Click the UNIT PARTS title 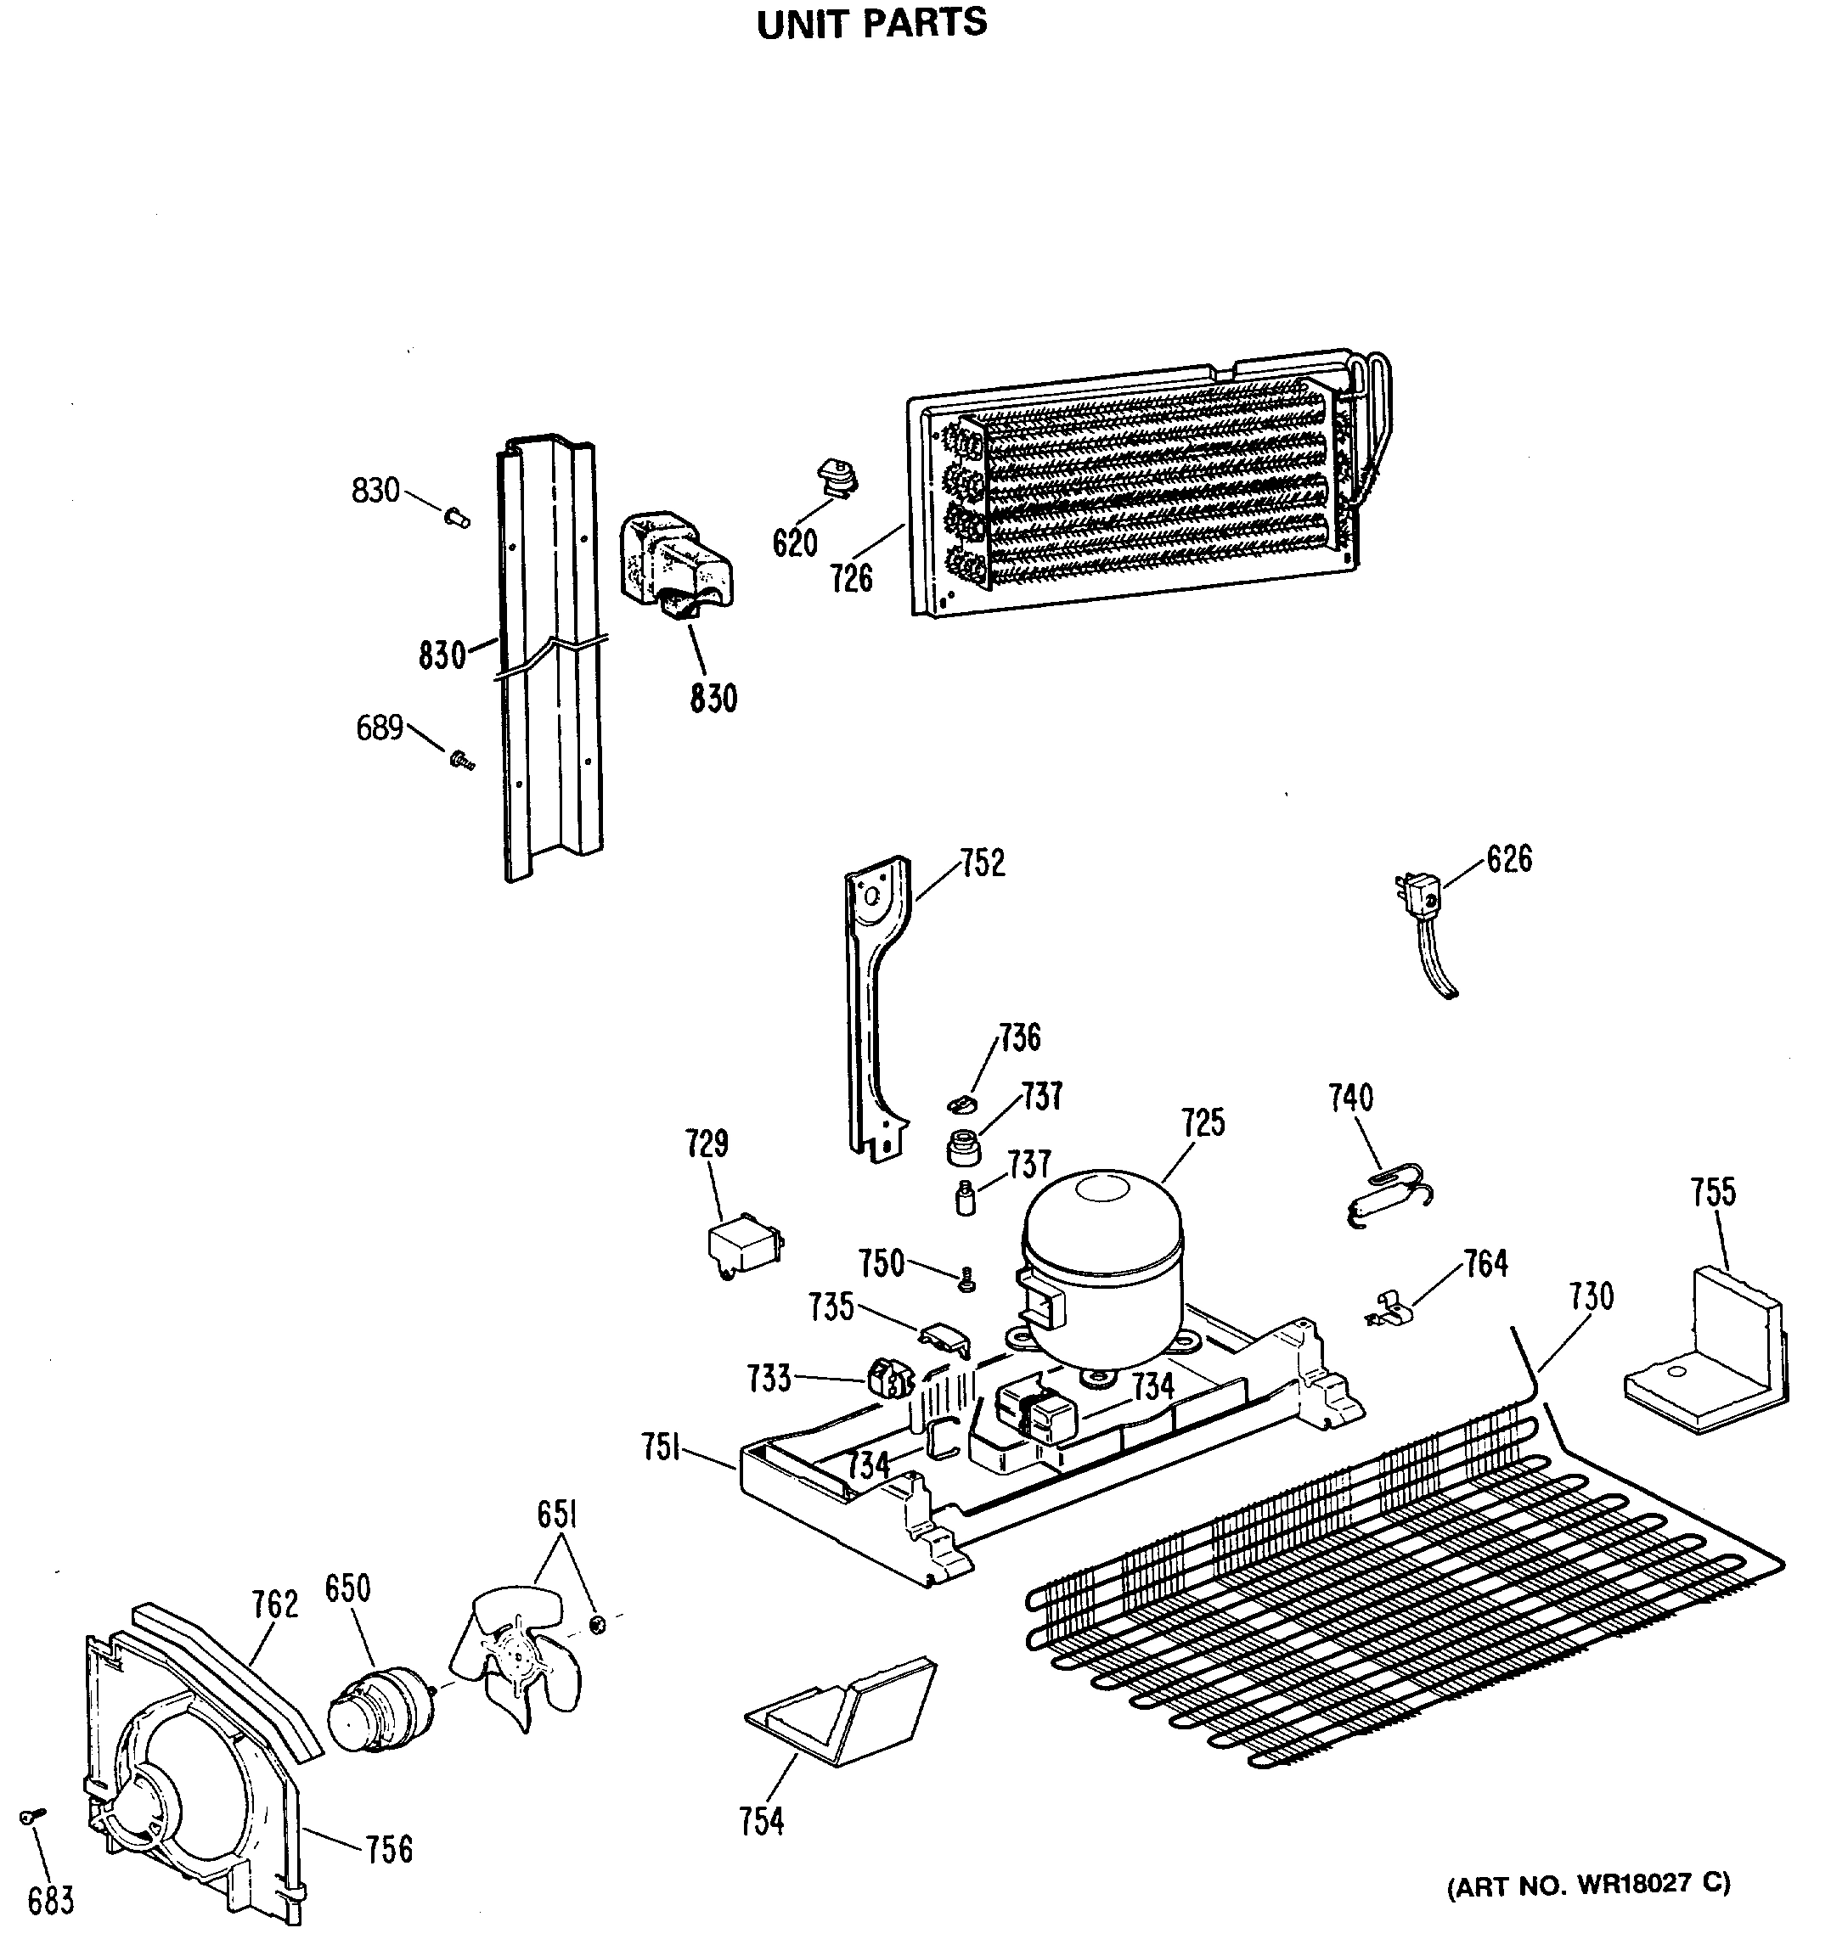coord(870,24)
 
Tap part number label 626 coord(1508,859)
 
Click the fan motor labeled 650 coord(380,1709)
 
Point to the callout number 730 coord(1591,1296)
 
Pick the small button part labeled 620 coord(837,478)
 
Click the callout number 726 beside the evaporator coord(851,578)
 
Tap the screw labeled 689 coord(460,759)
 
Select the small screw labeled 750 coord(966,1279)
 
